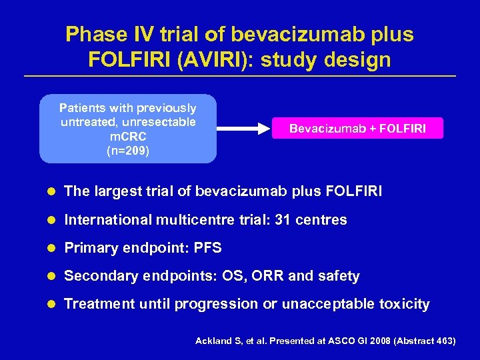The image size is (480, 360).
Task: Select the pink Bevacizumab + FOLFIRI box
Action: (x=357, y=128)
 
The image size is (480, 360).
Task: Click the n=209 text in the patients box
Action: (x=128, y=151)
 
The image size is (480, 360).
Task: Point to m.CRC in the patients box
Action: (x=128, y=137)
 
